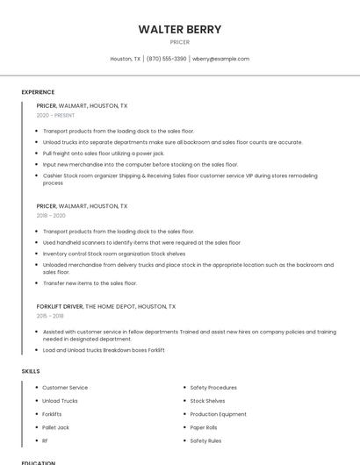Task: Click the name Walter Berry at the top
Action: click(x=179, y=30)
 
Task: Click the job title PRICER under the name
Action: click(x=179, y=42)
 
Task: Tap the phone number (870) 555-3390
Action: click(x=166, y=59)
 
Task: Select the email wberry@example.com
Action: click(x=220, y=59)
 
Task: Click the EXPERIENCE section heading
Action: click(x=38, y=92)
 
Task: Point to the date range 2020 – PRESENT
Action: click(x=55, y=115)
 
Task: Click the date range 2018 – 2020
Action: click(x=51, y=215)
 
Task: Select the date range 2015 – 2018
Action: click(x=50, y=316)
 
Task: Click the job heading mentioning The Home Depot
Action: click(x=105, y=307)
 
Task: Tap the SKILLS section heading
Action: click(x=31, y=371)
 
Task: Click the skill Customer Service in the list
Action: click(x=65, y=388)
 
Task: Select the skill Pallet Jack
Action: click(x=55, y=427)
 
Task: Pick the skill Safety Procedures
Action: click(x=213, y=388)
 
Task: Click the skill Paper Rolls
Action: click(x=204, y=427)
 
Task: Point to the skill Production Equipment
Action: click(x=218, y=414)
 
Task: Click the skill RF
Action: click(x=45, y=440)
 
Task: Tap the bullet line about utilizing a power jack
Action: click(x=104, y=154)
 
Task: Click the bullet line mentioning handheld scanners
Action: click(x=141, y=243)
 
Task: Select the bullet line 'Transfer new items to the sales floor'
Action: click(x=90, y=283)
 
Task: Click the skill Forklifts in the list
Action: click(x=52, y=414)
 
